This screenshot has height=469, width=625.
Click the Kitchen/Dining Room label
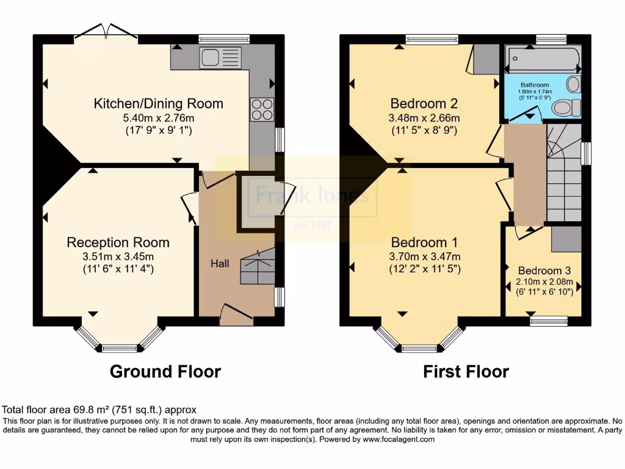(158, 103)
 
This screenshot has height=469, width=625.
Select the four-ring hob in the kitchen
(262, 109)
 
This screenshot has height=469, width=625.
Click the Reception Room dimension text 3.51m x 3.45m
(118, 256)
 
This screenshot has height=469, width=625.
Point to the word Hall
(220, 263)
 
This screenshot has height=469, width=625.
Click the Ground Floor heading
(165, 371)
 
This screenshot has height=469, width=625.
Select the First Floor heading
(466, 371)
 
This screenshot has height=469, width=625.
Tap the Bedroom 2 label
(424, 103)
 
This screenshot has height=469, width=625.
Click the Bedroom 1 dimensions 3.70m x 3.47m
(425, 256)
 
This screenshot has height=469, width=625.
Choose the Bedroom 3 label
(540, 271)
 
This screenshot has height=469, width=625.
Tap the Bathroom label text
(534, 85)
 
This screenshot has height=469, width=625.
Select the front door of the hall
(236, 313)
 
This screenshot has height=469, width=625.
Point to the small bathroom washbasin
(573, 83)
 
